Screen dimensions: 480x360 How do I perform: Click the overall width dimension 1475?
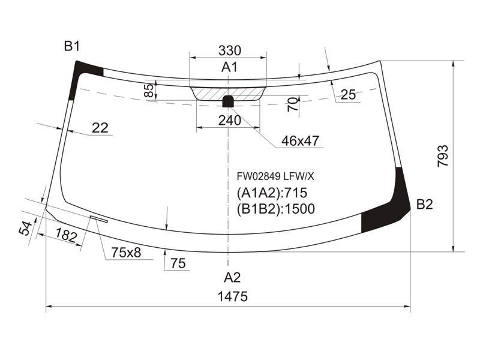tap(232, 296)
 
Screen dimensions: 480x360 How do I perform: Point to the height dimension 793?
tap(443, 156)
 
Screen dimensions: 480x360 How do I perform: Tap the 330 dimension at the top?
tap(230, 50)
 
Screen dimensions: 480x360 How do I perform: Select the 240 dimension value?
tap(230, 121)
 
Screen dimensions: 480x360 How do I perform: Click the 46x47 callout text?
tap(300, 141)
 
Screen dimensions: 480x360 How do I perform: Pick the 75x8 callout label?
tap(126, 253)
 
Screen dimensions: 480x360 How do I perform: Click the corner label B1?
tap(72, 46)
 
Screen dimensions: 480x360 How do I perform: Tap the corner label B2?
tap(425, 204)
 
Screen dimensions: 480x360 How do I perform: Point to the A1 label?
tap(229, 67)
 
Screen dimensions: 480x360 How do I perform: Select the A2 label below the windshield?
tap(232, 278)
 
